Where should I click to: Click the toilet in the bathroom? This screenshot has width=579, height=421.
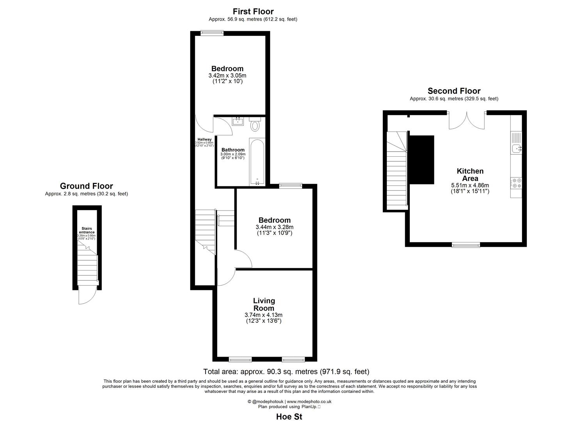[x=255, y=125]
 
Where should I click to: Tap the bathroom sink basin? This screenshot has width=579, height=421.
[x=237, y=122]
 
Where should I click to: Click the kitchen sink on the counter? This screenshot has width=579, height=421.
[x=516, y=148]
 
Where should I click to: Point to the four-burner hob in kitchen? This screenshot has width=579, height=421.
[x=516, y=183]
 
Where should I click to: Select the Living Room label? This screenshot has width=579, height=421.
[x=264, y=304]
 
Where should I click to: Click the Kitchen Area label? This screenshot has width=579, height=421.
[x=470, y=175]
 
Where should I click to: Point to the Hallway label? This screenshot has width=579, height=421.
[x=204, y=139]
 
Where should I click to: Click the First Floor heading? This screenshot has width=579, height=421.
[x=253, y=11]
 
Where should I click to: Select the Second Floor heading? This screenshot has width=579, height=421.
[x=454, y=91]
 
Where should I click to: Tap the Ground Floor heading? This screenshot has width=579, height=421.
[x=86, y=186]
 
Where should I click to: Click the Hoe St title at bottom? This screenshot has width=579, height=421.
[x=289, y=416]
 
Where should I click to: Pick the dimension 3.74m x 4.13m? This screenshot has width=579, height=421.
[x=263, y=315]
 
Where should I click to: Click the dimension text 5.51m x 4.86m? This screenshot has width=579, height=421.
[x=470, y=185]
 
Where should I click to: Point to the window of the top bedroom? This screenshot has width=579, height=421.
[x=212, y=33]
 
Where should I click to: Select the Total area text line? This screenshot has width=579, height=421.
[x=286, y=371]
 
